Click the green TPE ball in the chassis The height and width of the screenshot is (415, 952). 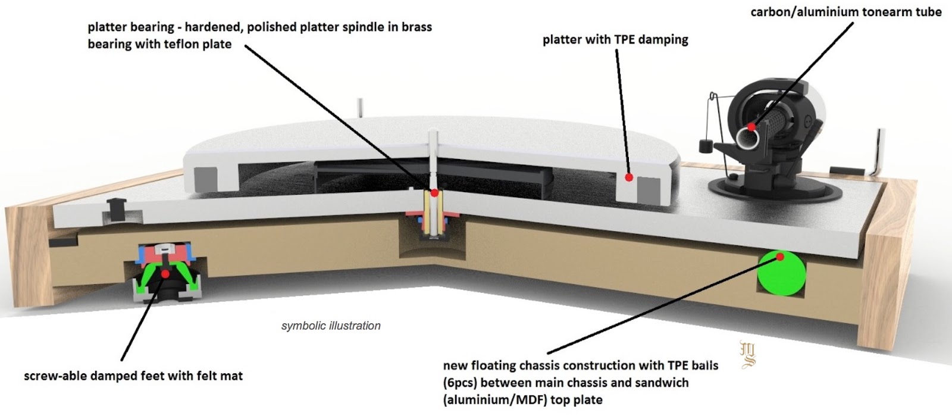tap(781, 273)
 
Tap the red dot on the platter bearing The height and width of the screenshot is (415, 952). tap(434, 193)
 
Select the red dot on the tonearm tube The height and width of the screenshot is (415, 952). tap(752, 127)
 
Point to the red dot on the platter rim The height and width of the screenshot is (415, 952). tap(629, 177)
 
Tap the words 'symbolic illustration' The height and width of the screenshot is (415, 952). tap(331, 326)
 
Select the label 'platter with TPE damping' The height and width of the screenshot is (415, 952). tap(615, 39)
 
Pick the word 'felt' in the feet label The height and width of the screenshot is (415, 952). tap(195, 376)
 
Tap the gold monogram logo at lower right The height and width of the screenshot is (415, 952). tap(748, 354)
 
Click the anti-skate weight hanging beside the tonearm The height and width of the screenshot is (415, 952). tap(706, 146)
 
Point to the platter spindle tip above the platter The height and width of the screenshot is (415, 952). tap(433, 133)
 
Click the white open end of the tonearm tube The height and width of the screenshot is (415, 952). tap(747, 138)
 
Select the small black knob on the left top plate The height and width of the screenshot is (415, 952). tap(115, 205)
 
